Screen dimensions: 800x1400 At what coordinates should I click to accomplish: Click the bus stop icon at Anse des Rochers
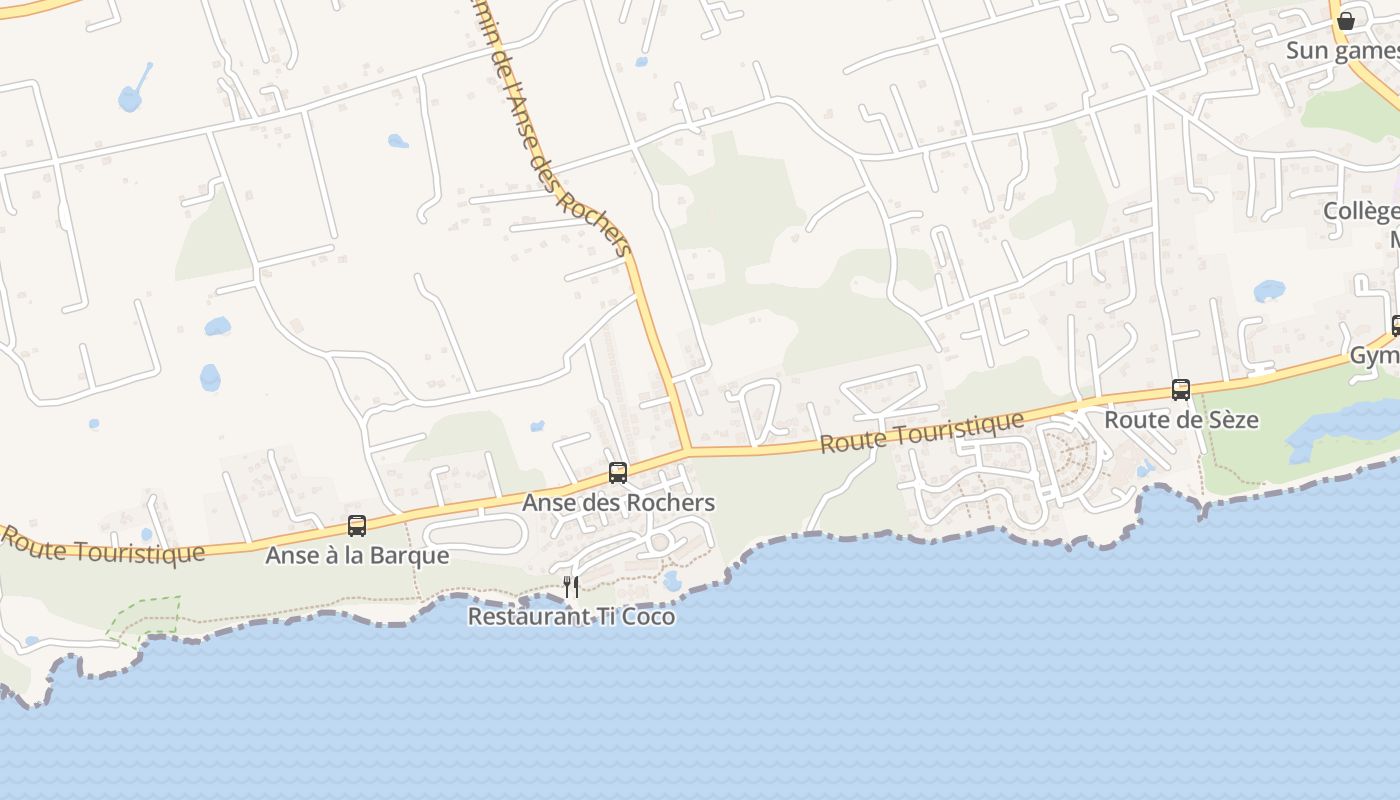click(618, 473)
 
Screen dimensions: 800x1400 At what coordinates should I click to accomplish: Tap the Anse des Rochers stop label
click(618, 502)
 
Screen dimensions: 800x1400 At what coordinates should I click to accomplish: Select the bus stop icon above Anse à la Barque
click(357, 525)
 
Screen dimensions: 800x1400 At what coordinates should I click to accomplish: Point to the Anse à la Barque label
click(357, 555)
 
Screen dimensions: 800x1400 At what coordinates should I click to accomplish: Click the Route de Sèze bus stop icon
click(1181, 390)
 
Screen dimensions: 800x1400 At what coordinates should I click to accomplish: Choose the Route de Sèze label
click(1181, 420)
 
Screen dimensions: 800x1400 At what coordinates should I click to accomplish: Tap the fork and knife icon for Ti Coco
click(571, 587)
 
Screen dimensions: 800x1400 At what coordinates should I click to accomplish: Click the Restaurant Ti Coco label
click(571, 617)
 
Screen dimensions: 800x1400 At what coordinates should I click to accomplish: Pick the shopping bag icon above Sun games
click(1346, 20)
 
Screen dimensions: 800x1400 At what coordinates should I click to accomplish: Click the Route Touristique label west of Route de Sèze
click(923, 431)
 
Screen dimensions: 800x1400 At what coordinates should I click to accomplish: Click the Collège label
click(1361, 212)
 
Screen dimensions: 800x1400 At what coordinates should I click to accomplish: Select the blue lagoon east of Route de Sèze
click(1340, 429)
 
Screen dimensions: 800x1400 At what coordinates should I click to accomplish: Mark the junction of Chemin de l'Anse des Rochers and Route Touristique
click(688, 450)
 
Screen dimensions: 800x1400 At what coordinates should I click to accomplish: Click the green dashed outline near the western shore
click(146, 616)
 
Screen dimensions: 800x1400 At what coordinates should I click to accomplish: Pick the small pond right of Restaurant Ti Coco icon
click(672, 581)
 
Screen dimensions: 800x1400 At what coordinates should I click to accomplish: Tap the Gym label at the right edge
click(1374, 356)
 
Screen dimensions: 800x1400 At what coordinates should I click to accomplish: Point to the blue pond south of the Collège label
click(1269, 291)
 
